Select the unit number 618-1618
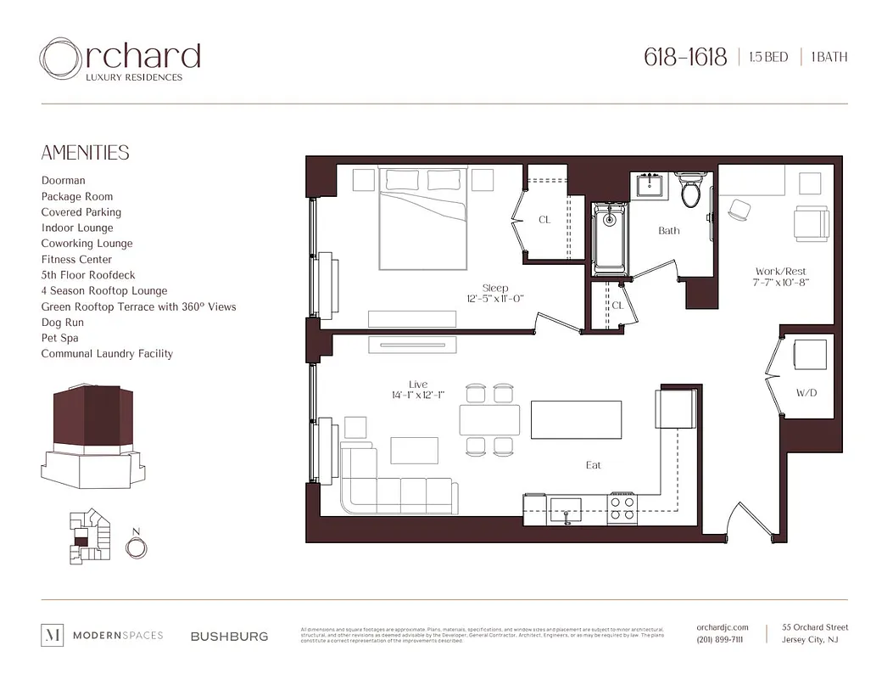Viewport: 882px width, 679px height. pos(685,58)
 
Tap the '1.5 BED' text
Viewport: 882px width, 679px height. pos(768,58)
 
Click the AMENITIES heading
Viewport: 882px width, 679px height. pos(86,153)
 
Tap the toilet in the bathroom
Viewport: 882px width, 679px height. pos(690,191)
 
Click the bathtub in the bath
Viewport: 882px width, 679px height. pos(609,238)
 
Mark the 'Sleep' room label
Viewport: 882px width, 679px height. pos(495,288)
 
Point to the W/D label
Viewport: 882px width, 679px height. pos(807,394)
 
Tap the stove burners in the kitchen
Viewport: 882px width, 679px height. pos(623,508)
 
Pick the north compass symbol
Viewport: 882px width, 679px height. pos(135,547)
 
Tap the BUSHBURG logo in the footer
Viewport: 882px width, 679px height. pos(229,636)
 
